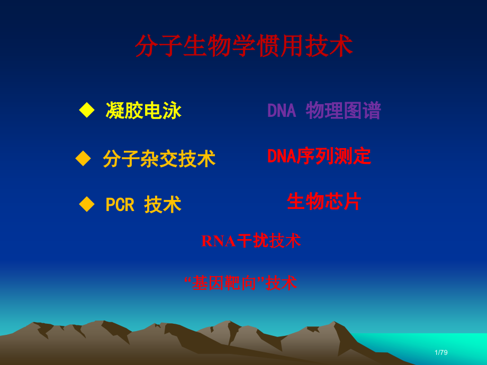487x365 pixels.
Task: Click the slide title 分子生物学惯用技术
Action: click(x=243, y=47)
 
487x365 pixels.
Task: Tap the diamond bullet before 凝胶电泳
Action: click(x=86, y=110)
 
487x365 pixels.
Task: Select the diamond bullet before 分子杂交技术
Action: click(x=83, y=158)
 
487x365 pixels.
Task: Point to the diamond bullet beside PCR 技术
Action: click(x=86, y=204)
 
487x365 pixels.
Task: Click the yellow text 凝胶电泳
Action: click(x=143, y=111)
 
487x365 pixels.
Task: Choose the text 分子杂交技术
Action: click(x=159, y=159)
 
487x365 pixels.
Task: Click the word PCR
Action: click(x=120, y=205)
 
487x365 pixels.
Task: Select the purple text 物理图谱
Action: click(x=343, y=111)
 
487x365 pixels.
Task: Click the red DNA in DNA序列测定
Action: click(x=281, y=156)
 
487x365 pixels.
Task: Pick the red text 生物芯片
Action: click(x=323, y=202)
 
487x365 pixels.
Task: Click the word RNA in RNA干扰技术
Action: click(x=218, y=241)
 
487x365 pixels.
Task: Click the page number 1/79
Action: click(x=441, y=352)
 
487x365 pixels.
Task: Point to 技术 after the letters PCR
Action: click(x=163, y=205)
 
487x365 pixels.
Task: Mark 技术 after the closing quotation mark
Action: click(x=281, y=283)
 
